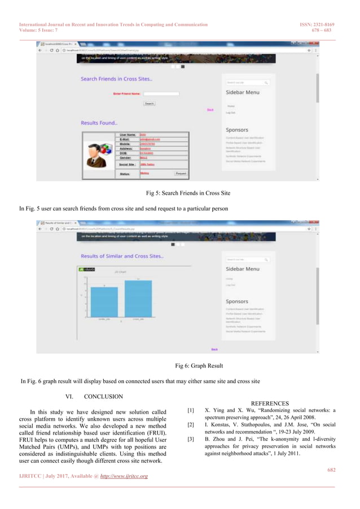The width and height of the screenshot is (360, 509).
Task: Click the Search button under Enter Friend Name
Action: (149, 104)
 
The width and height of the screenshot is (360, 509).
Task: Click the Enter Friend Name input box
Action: (161, 94)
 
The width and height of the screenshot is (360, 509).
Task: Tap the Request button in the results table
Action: (181, 173)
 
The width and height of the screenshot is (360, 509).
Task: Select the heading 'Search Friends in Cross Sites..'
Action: (116, 79)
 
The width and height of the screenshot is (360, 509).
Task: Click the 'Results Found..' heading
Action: (99, 122)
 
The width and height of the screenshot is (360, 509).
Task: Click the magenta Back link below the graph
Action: (214, 349)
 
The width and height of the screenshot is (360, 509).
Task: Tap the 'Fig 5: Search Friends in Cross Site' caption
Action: (188, 194)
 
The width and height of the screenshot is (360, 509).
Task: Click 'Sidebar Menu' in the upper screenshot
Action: (243, 92)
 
